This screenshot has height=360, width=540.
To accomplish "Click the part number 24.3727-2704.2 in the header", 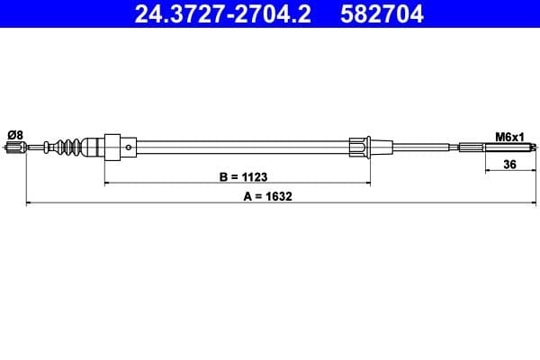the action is click(x=223, y=14).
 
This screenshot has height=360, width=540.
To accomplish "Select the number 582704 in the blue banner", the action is click(x=382, y=14).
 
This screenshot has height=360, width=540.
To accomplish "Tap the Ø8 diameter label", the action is click(x=15, y=135).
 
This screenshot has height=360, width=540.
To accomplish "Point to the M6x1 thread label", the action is click(x=509, y=137).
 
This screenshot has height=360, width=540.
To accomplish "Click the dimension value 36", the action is click(x=509, y=165).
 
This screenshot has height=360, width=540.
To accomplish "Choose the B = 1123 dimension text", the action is click(x=243, y=176).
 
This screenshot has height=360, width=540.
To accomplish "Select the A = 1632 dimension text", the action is click(x=267, y=196).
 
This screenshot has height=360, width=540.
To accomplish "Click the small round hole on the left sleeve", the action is click(x=129, y=148).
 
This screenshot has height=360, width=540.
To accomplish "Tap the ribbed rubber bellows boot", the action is click(x=69, y=147).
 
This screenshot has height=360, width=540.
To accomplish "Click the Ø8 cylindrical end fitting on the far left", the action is click(x=16, y=148).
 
